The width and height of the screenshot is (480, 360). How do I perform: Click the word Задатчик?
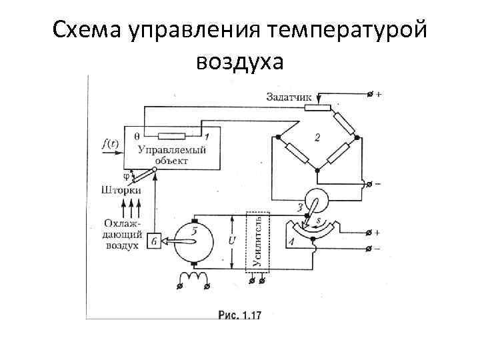pos(289,97)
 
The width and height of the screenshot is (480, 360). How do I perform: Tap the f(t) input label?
pos(110,142)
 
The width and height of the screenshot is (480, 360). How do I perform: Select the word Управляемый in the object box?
pos(171,149)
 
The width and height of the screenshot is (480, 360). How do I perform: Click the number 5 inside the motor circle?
pos(195,231)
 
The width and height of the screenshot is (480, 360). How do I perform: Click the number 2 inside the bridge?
pos(317,139)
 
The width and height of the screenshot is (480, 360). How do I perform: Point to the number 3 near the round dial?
pos(300,208)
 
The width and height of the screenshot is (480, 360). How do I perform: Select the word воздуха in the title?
pos(240,62)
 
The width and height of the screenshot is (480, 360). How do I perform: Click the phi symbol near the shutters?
pos(126,176)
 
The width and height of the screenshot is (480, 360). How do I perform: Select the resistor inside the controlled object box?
pos(172,137)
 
